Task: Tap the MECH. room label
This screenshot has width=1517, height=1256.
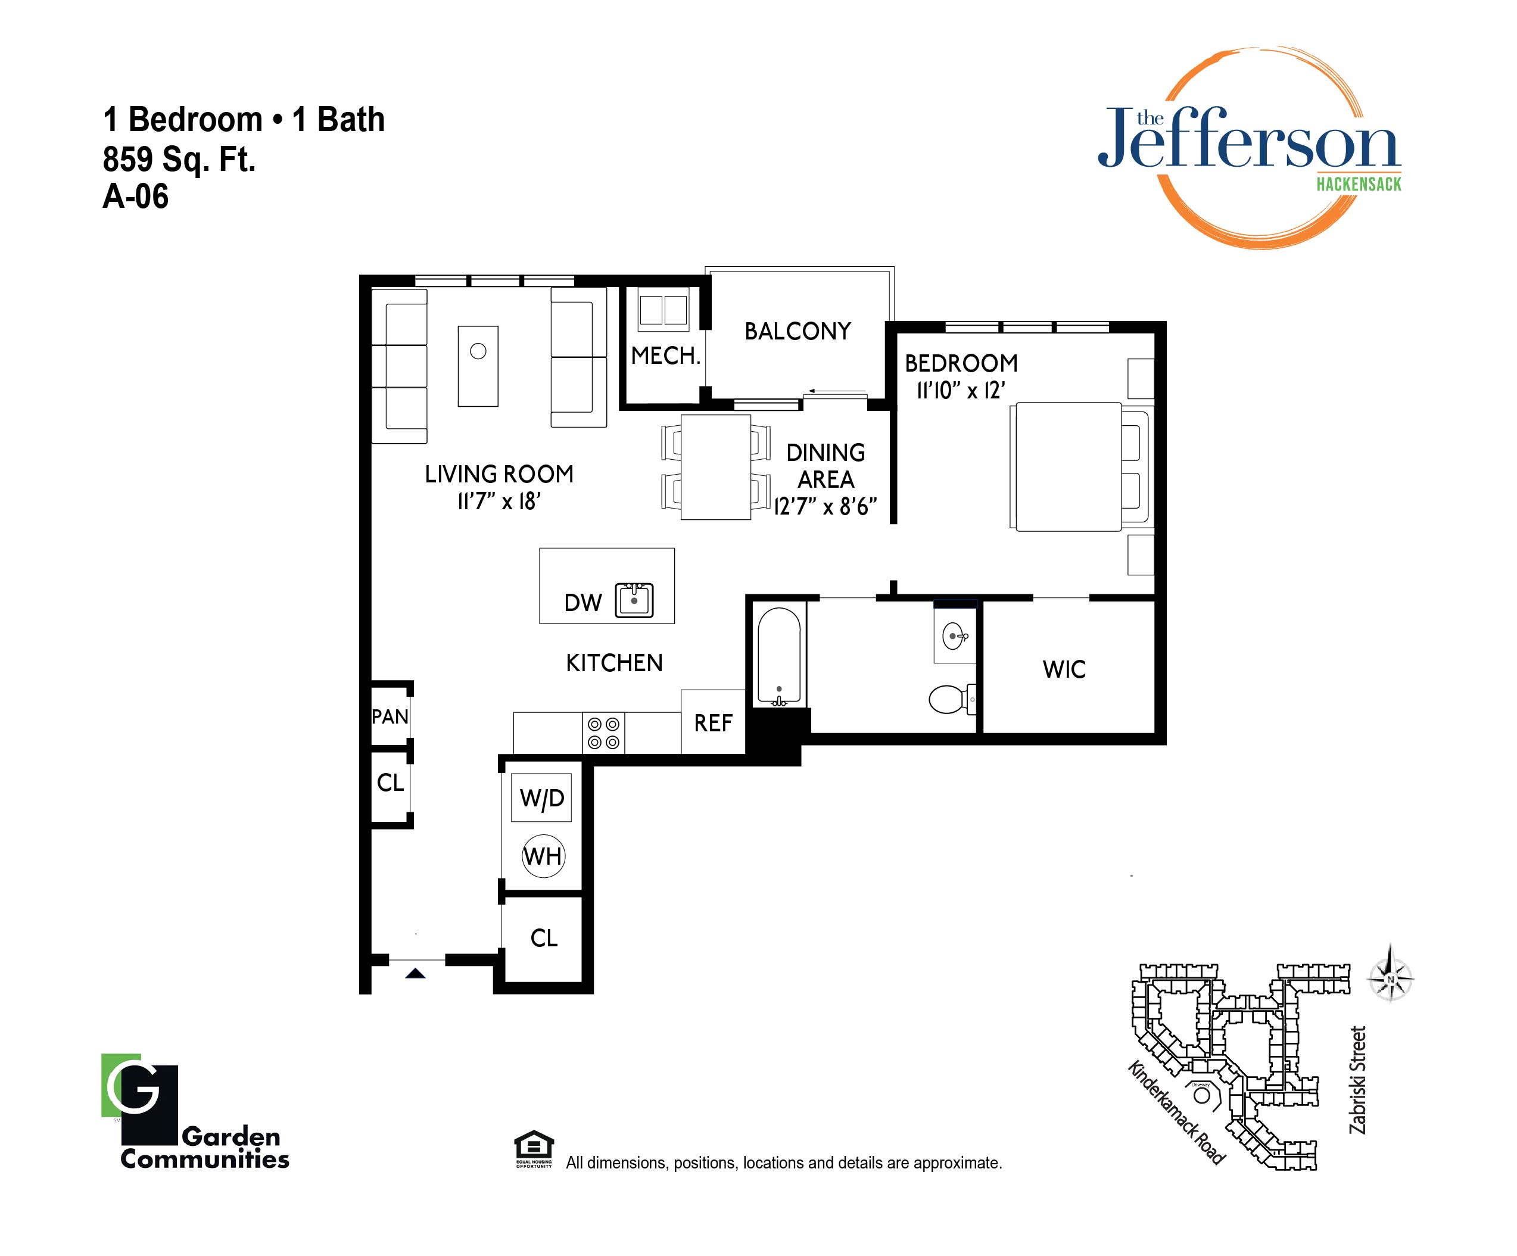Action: pos(665,356)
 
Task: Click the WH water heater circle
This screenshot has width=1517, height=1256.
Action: pos(543,856)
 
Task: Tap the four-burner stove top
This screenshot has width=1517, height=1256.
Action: pos(604,733)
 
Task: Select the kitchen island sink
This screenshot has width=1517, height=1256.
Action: pos(634,600)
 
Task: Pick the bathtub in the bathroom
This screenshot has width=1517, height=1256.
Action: pos(778,656)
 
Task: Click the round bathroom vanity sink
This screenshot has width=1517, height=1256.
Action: pos(955,636)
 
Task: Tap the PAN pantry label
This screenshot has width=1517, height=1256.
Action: pos(390,716)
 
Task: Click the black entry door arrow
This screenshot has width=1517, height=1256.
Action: pos(415,973)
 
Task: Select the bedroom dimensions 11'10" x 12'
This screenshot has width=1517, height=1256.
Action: pos(961,391)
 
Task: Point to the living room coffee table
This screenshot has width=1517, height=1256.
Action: pos(478,366)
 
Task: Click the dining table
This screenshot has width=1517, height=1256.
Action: pos(716,466)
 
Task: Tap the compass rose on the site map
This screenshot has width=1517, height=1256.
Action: pos(1391,980)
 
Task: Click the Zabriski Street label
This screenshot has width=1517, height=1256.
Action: pos(1358,1080)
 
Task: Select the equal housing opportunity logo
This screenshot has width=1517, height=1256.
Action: pos(534,1148)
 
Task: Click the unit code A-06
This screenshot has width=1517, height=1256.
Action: pos(136,197)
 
